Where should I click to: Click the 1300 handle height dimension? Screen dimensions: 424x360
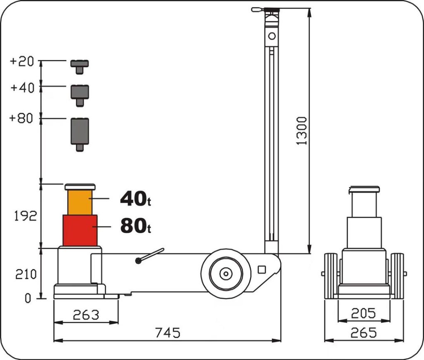302,131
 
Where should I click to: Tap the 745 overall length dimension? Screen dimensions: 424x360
168,333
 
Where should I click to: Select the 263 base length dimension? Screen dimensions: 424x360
86,315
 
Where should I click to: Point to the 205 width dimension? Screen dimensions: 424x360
364,313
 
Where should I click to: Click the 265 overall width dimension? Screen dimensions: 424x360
364,333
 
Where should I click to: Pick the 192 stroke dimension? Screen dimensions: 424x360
25,216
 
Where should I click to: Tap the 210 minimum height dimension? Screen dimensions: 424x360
26,275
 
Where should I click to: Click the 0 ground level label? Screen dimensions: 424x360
28,298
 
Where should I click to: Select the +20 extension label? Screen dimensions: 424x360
22,61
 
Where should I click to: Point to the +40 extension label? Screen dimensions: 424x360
22,88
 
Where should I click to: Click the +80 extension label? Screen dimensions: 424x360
21,118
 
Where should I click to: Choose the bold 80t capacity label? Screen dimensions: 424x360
135,226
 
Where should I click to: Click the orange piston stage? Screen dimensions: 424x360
80,202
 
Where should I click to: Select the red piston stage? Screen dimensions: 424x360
80,230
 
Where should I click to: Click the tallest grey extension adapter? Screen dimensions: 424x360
80,134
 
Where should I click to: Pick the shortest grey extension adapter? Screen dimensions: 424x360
79,67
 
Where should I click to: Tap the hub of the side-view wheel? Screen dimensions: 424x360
226,274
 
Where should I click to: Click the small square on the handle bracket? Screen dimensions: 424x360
262,270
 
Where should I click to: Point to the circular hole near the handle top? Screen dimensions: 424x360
272,36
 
